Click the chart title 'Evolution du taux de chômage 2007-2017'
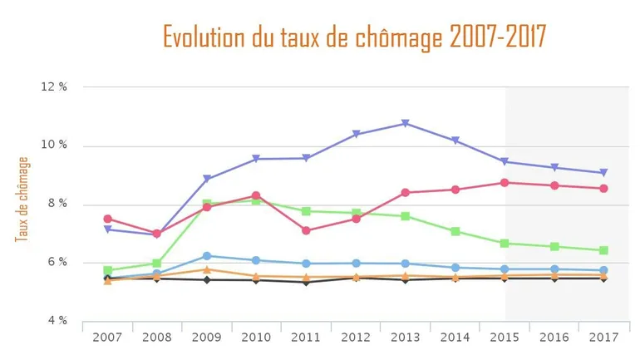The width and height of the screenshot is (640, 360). (x=354, y=37)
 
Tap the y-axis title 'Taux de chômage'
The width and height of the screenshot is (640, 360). (x=22, y=200)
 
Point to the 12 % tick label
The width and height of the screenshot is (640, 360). (x=56, y=87)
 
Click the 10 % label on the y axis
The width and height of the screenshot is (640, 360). (x=56, y=145)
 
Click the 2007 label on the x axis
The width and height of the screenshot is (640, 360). (x=107, y=338)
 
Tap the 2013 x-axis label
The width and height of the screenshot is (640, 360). (x=405, y=338)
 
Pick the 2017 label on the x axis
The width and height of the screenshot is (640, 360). (x=603, y=338)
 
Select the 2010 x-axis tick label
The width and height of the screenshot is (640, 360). (x=256, y=338)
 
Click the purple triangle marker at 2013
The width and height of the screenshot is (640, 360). (x=405, y=123)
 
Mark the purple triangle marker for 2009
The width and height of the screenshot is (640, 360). (x=207, y=179)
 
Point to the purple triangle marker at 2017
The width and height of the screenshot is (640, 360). (x=603, y=173)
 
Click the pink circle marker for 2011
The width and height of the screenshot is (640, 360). (x=306, y=230)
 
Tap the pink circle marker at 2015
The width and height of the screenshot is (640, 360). (x=505, y=182)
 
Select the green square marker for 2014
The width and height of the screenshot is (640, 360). (x=455, y=231)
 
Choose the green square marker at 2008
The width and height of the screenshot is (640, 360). (x=157, y=263)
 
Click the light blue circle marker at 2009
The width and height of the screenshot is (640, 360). (x=207, y=255)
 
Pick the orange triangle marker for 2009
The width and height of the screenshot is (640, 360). (x=207, y=269)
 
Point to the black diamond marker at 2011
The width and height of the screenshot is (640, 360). (x=306, y=282)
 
